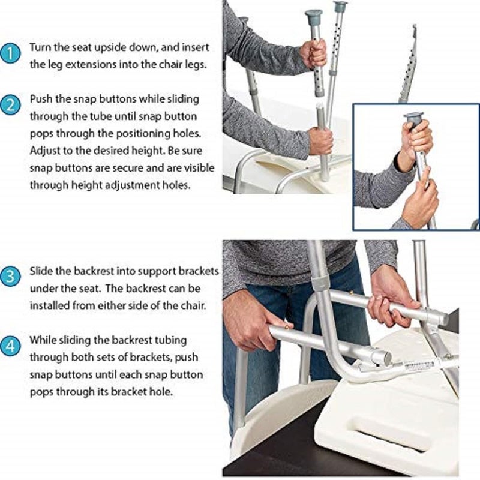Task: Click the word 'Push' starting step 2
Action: (x=40, y=98)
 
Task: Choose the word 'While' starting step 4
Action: (x=43, y=341)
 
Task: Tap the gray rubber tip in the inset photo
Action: (x=413, y=116)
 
